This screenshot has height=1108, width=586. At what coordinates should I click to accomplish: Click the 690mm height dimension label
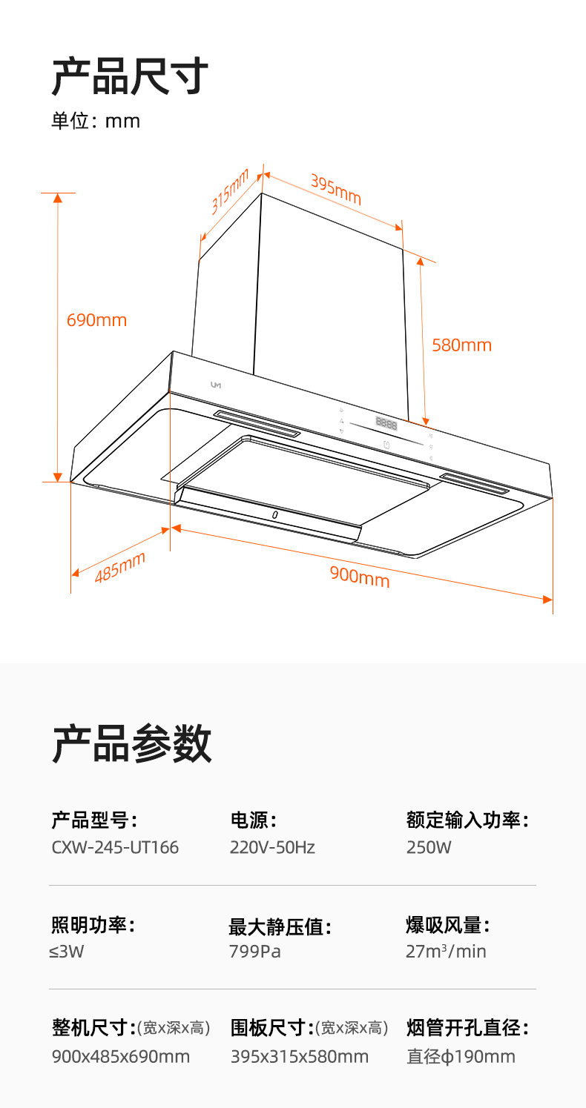(96, 320)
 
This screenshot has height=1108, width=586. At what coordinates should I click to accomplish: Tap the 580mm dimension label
(461, 345)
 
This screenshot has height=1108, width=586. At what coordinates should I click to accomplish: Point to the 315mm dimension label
(229, 192)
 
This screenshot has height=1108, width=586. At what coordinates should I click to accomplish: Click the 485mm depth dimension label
(119, 567)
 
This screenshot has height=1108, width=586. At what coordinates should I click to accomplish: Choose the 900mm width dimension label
(360, 575)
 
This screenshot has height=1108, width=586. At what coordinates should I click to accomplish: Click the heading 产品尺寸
(130, 76)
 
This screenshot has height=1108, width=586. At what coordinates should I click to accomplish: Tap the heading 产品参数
(131, 743)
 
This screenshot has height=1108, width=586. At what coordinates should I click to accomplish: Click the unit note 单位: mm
(96, 121)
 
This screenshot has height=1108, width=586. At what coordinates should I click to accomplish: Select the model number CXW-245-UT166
(115, 847)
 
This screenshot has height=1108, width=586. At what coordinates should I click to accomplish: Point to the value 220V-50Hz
(272, 847)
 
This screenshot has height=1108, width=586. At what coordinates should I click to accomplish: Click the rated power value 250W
(429, 847)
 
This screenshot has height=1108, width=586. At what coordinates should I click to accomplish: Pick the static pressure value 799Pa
(255, 952)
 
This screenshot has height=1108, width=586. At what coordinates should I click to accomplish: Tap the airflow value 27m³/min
(446, 952)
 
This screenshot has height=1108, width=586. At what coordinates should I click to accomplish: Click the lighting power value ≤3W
(68, 952)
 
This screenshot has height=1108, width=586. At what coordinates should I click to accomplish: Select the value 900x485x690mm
(121, 1056)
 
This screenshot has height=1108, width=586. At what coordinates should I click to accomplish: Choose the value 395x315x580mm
(300, 1056)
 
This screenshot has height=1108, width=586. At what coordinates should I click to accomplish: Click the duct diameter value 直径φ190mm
(461, 1056)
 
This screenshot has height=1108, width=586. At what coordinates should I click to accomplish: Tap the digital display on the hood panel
(386, 425)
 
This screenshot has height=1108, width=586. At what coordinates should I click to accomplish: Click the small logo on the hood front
(216, 385)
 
